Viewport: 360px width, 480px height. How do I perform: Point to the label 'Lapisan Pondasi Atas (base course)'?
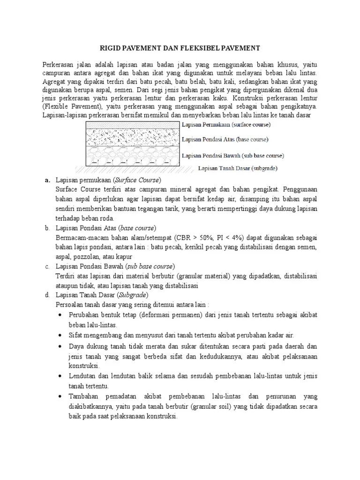(x=225, y=139)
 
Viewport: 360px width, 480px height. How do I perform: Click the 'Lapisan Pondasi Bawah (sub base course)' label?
(x=232, y=156)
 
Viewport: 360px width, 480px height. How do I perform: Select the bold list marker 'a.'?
(x=47, y=180)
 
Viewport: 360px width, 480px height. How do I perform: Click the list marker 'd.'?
(x=47, y=295)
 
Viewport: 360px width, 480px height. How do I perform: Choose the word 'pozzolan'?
(x=90, y=256)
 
